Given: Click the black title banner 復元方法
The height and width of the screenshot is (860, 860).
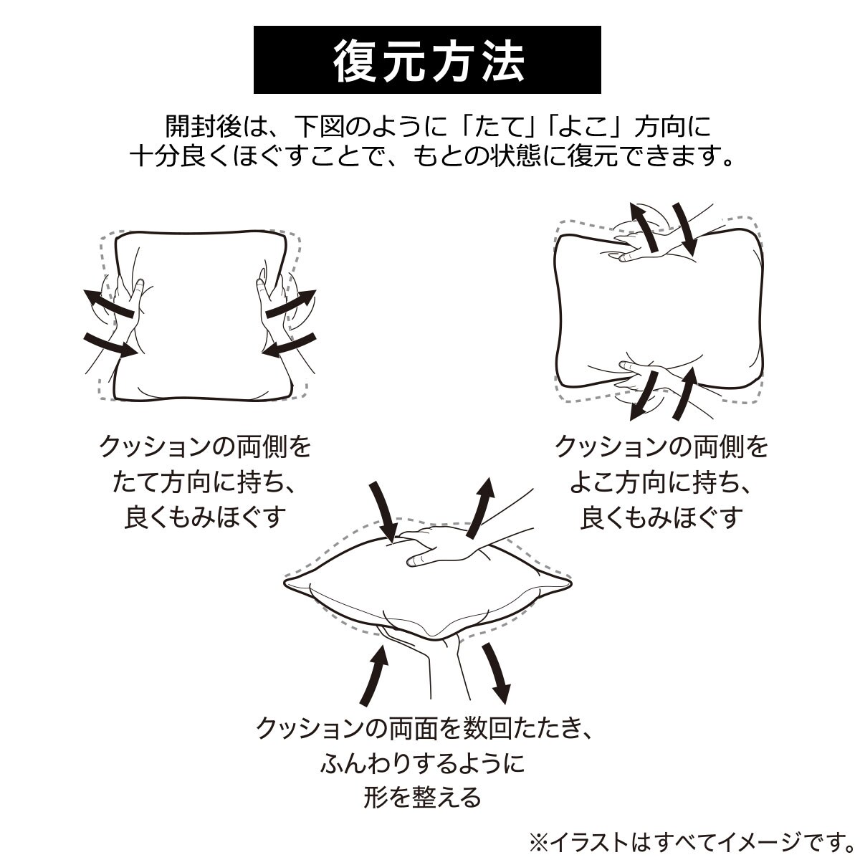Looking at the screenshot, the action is tap(427, 59).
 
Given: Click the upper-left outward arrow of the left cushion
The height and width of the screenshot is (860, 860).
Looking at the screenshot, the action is tap(108, 303).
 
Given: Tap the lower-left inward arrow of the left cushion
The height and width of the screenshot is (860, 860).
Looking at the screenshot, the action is tap(110, 345).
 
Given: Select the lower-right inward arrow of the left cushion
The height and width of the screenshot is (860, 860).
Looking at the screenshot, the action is tap(290, 345).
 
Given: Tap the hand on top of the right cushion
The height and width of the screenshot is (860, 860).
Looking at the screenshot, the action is tap(656, 236).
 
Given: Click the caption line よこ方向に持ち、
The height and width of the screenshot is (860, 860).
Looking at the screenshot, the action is tap(661, 483).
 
